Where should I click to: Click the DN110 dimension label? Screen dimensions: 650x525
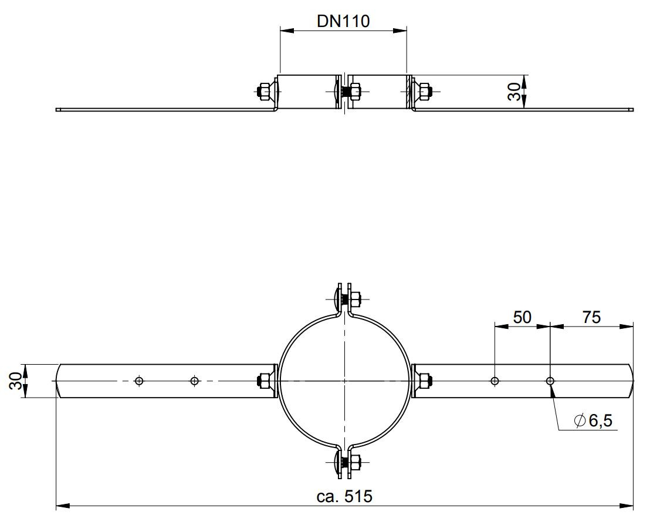click(343, 21)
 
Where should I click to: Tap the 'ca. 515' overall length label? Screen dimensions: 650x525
click(344, 496)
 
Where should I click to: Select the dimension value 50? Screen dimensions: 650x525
click(522, 317)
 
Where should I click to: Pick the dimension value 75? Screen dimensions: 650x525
click(591, 317)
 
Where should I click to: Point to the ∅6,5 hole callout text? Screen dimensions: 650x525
click(593, 421)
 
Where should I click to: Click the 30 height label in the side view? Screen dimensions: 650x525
click(514, 92)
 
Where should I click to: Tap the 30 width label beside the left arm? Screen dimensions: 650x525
click(15, 381)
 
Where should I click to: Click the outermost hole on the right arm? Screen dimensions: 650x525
click(550, 381)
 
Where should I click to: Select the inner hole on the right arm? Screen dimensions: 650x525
click(495, 381)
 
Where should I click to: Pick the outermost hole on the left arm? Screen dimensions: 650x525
click(139, 381)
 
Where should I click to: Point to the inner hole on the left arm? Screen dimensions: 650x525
click(194, 381)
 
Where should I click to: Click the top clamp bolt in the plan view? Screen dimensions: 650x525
click(345, 298)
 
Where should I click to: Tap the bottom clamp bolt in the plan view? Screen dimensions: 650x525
click(345, 463)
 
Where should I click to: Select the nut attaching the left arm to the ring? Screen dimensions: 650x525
click(264, 381)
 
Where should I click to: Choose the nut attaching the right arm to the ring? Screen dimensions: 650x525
click(425, 381)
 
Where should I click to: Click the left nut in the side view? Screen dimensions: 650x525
click(264, 91)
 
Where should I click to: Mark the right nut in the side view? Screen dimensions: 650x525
click(425, 91)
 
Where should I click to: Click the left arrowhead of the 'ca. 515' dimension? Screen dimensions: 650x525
click(63, 506)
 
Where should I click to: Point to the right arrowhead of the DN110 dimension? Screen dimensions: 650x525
click(400, 31)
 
